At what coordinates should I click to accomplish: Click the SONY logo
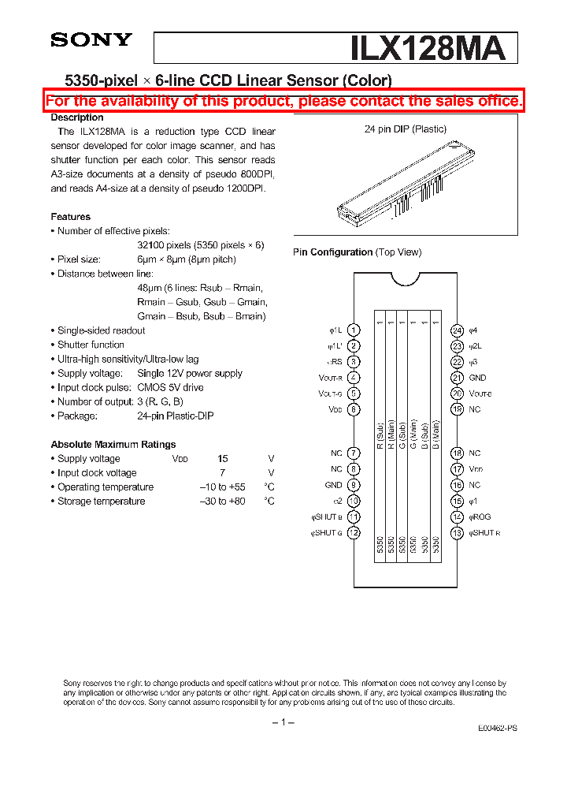tap(91, 40)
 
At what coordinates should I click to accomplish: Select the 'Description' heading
tap(77, 117)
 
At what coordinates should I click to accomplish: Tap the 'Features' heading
tap(71, 217)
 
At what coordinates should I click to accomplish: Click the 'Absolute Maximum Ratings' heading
tap(113, 444)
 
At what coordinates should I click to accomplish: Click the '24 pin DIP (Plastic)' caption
tap(406, 129)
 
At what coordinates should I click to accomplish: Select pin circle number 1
tap(354, 330)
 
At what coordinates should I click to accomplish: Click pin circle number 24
tap(457, 330)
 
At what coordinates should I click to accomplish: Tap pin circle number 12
tap(354, 533)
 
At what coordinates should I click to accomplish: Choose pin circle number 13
tap(457, 533)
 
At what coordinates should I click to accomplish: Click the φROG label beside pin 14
tap(480, 517)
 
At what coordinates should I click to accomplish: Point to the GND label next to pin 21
tap(477, 378)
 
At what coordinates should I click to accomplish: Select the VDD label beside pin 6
tap(335, 409)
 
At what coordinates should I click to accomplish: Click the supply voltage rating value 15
tap(223, 459)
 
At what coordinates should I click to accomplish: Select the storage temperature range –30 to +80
tap(222, 502)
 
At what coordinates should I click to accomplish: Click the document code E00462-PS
tap(497, 729)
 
